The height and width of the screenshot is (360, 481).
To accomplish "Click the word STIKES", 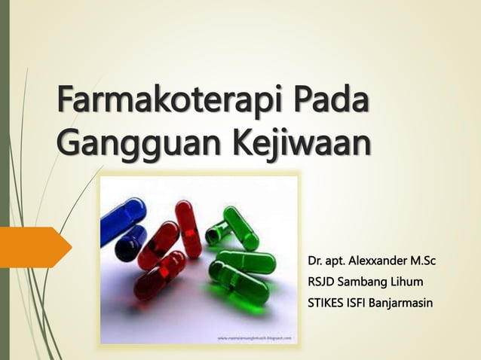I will pos(327,304).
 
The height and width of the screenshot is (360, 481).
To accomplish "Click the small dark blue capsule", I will pos(131,243).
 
